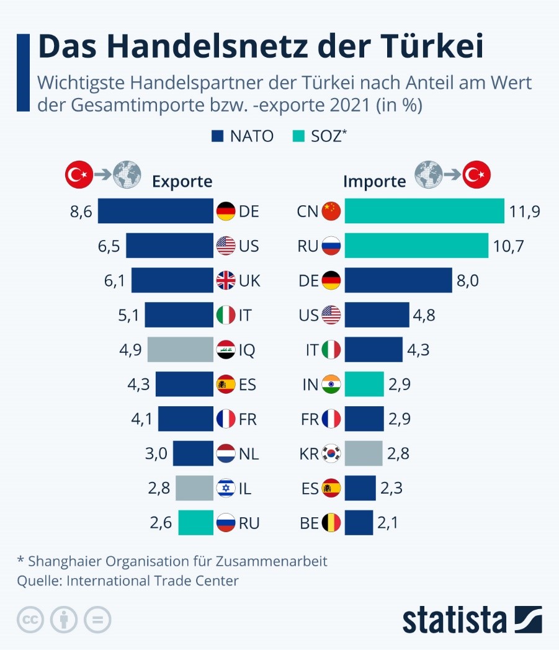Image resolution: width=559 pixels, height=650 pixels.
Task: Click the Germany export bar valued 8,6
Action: coord(155,211)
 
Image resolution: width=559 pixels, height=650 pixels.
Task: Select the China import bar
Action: coord(424,211)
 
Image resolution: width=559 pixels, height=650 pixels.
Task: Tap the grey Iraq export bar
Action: coord(180,350)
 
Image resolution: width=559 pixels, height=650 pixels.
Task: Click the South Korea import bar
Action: coord(364,454)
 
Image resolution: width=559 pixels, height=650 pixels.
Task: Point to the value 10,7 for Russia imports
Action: coord(509,246)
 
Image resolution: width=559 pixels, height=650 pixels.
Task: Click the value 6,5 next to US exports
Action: coord(109,246)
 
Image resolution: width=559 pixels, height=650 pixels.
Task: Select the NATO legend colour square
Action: coord(218,136)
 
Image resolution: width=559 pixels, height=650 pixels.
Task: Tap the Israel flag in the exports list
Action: coord(225,489)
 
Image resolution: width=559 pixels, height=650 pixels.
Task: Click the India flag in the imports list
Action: coord(331,385)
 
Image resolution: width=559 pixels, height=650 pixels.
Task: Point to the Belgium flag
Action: coord(331,523)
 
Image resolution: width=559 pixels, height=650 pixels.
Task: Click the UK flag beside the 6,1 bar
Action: coord(225,281)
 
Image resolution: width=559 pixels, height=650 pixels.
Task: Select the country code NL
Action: coord(248,454)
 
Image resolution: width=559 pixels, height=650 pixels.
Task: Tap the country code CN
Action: coord(308,211)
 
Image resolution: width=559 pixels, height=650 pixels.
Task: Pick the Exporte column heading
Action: coord(182,181)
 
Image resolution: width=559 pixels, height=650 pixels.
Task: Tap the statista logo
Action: coord(472,620)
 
